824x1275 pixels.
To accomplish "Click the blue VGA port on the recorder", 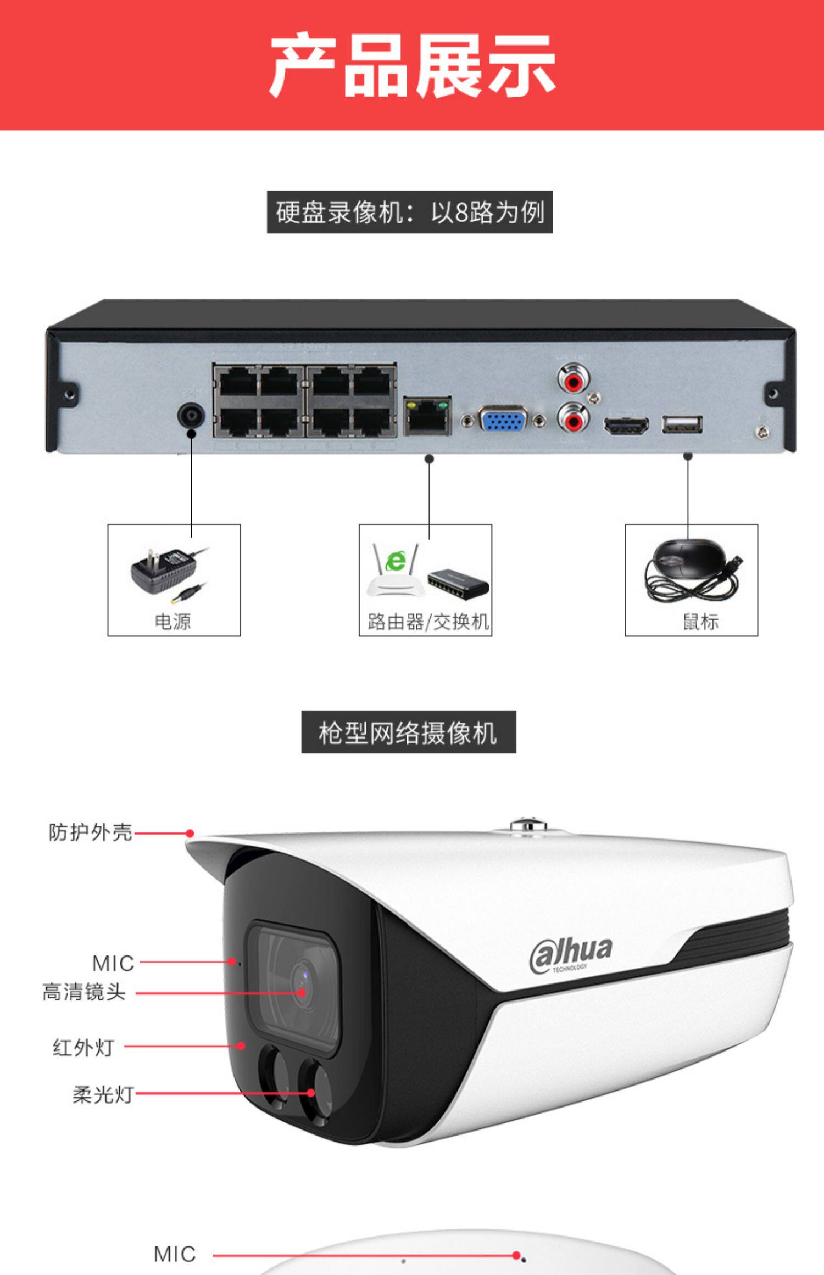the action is pyautogui.click(x=503, y=420).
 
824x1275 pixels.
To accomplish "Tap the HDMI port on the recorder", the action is pyautogui.click(x=626, y=425).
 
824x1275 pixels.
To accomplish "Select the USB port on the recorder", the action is pyautogui.click(x=682, y=424).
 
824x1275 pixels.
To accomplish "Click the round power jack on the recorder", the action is pyautogui.click(x=191, y=416).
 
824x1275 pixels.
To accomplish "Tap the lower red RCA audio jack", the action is pyautogui.click(x=574, y=420).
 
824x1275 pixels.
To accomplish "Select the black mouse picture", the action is pyautogui.click(x=691, y=571).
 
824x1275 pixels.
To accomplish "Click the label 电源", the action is pyautogui.click(x=172, y=622).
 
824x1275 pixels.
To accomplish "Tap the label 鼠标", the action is pyautogui.click(x=700, y=622).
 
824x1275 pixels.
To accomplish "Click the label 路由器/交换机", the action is pyautogui.click(x=428, y=622).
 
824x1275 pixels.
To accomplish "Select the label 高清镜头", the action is pyautogui.click(x=84, y=992).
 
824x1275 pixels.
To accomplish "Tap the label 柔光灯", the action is pyautogui.click(x=103, y=1094).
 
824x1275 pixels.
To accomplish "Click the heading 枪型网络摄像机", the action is pyautogui.click(x=408, y=732).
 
